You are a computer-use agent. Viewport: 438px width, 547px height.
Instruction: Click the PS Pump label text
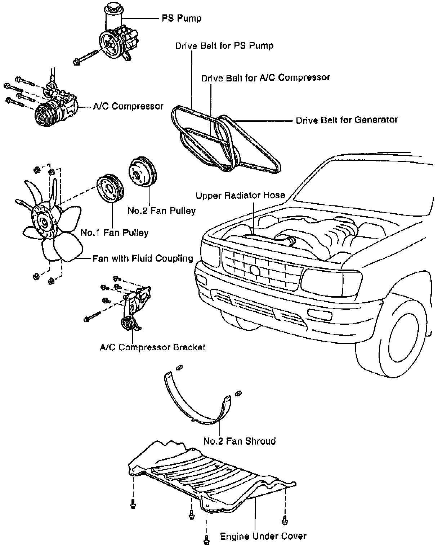(181, 18)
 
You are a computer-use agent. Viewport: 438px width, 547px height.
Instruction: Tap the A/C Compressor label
(128, 106)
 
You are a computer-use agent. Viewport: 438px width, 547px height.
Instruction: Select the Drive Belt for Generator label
(347, 120)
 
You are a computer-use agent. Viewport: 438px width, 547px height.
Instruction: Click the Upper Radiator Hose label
(240, 195)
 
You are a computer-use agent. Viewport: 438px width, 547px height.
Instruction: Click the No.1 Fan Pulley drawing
(109, 189)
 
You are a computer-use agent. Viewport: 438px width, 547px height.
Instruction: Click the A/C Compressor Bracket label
(152, 347)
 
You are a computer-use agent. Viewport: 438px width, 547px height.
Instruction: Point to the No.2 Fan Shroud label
(240, 441)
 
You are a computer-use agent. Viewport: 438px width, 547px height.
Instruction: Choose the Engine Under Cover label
(263, 536)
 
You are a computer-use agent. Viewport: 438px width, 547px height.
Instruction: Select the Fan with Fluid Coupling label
(143, 258)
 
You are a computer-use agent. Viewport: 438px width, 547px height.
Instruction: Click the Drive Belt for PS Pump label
(224, 46)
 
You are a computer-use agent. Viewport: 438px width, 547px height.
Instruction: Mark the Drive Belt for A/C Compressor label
(265, 77)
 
